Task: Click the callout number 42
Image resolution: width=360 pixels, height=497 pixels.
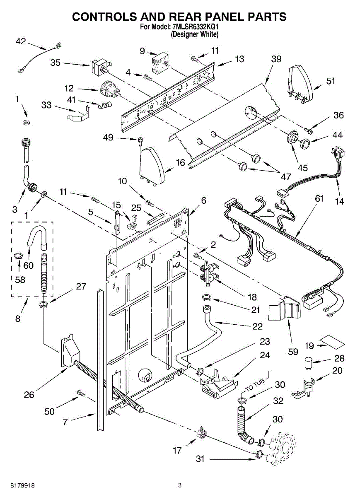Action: [21, 41]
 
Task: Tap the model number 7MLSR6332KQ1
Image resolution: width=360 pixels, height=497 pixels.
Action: [195, 27]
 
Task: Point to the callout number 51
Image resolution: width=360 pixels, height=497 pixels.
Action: [331, 81]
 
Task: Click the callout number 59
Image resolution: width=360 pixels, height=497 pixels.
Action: [293, 352]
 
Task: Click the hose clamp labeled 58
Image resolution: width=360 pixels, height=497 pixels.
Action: [19, 256]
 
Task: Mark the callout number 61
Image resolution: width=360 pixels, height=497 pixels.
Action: [319, 198]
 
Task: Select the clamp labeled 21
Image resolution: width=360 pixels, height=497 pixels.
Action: [206, 297]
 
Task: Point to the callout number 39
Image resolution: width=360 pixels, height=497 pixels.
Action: [276, 59]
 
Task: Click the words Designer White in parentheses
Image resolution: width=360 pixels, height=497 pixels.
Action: [194, 34]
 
